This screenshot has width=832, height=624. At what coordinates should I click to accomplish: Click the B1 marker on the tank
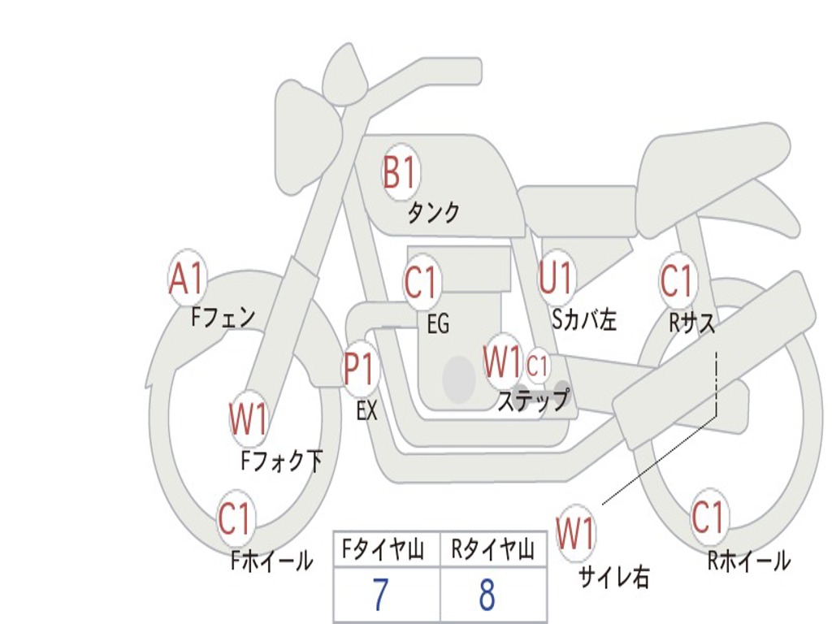tap(401, 172)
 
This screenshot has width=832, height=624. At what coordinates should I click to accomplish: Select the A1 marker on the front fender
tap(187, 278)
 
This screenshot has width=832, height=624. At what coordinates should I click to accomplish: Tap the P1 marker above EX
tap(362, 369)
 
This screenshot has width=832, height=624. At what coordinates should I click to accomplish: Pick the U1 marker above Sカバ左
tap(556, 278)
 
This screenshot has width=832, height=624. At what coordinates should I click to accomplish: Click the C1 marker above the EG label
tap(421, 282)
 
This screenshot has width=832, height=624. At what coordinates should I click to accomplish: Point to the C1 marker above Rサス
tap(678, 280)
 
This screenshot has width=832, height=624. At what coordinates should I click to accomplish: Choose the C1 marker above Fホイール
tap(235, 518)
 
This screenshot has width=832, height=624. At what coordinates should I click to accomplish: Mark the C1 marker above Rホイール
tap(708, 516)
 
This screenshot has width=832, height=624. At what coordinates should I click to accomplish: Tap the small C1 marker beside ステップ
tap(537, 366)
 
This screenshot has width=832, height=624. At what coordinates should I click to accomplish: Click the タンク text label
tap(433, 213)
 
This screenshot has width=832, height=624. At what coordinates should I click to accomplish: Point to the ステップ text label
tap(533, 400)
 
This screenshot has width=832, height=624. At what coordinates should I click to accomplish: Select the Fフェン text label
tap(223, 318)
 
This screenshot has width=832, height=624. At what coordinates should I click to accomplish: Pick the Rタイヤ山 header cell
tap(493, 549)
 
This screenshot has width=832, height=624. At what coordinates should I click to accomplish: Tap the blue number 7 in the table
tap(380, 595)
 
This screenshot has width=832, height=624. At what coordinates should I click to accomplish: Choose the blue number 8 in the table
tap(487, 595)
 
